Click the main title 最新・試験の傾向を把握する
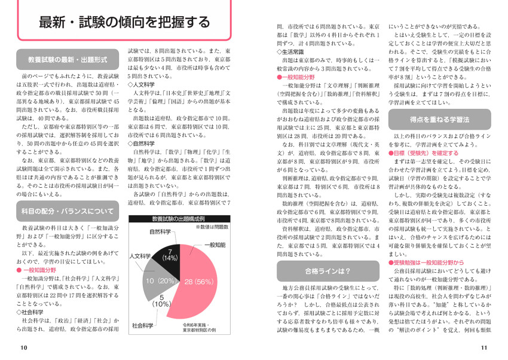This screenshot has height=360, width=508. point(124,23)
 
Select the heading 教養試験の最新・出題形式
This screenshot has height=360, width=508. point(67,60)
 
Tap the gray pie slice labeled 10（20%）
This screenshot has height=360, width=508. point(157,280)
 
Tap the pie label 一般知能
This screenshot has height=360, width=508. point(215,245)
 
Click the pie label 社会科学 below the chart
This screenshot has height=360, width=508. point(143,325)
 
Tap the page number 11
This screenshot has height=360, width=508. point(484,347)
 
